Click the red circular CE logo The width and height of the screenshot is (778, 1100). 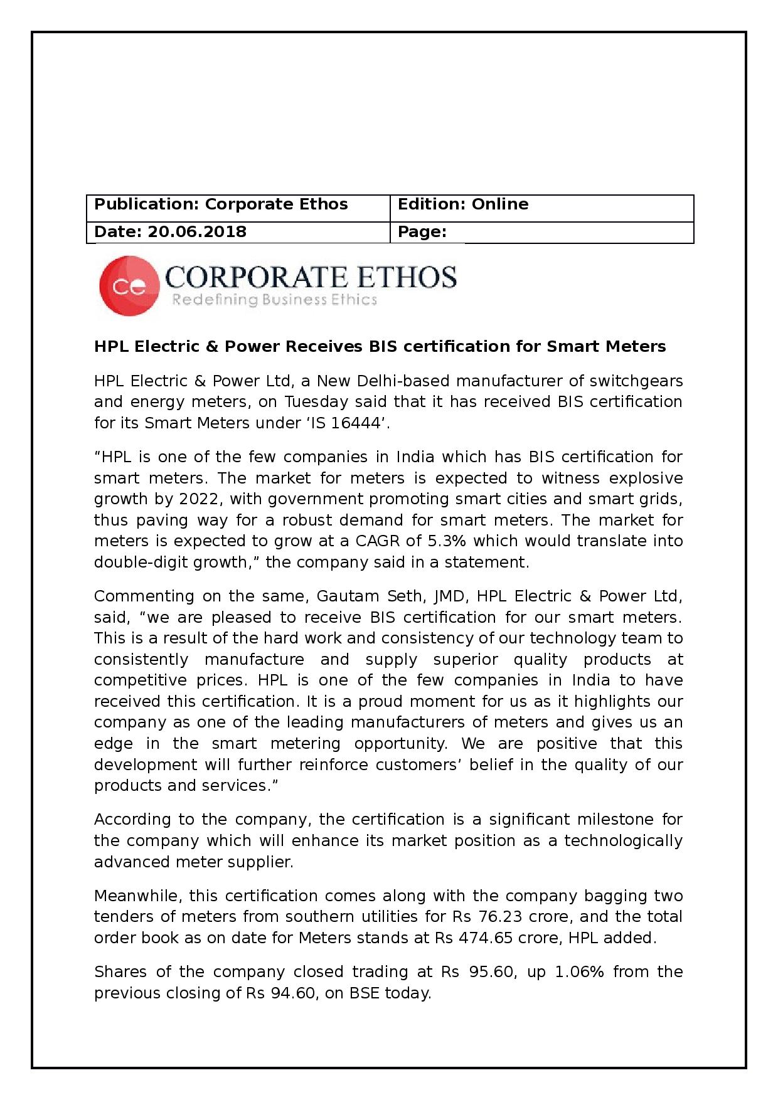point(129,285)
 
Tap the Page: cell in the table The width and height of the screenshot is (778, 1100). point(541,232)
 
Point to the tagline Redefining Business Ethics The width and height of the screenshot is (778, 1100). point(274,300)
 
